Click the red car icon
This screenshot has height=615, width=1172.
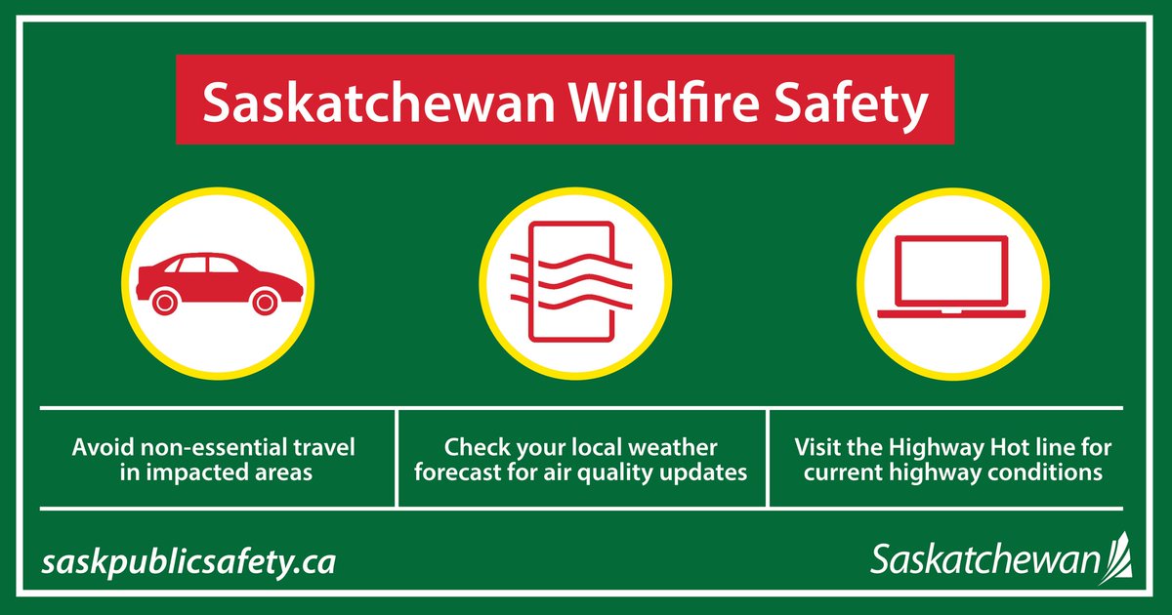coord(220,283)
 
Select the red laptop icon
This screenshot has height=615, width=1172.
coord(951,278)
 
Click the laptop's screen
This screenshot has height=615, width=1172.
coord(951,270)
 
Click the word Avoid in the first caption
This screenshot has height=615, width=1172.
coord(101,449)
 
